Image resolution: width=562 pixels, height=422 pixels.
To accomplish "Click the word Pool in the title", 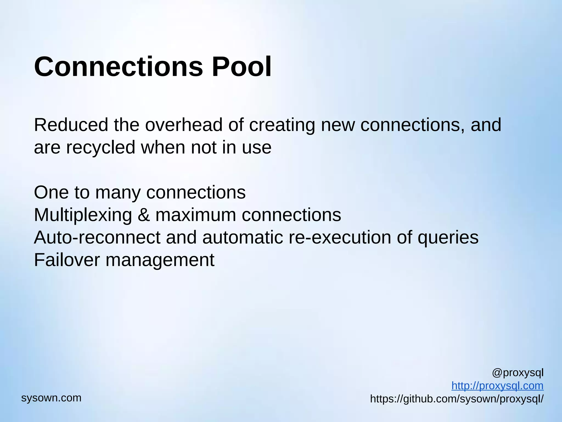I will (x=241, y=67).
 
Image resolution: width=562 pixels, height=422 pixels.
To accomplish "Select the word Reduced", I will (x=71, y=125).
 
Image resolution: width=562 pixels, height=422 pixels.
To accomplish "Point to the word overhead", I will (x=184, y=125).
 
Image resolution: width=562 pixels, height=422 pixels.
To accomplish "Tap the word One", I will (x=51, y=192).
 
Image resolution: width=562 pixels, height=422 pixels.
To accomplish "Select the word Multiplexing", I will (x=83, y=215).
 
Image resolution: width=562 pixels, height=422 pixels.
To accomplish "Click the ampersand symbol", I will (x=144, y=215).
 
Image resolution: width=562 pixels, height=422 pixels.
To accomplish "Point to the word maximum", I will (x=196, y=215).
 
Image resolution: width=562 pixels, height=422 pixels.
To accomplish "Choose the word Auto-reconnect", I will (x=97, y=237).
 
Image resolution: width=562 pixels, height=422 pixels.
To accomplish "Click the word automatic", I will (x=243, y=237).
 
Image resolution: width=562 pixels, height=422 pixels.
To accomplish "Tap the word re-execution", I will (x=340, y=237).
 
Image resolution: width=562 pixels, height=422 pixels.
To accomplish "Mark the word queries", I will (x=448, y=238).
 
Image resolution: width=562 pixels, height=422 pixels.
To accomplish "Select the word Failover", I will (x=67, y=260).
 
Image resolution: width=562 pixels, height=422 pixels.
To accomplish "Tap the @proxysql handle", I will (x=518, y=373).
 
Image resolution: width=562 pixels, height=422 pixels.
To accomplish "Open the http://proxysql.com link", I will (x=497, y=386).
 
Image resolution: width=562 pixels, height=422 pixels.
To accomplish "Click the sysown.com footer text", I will (x=51, y=398).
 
